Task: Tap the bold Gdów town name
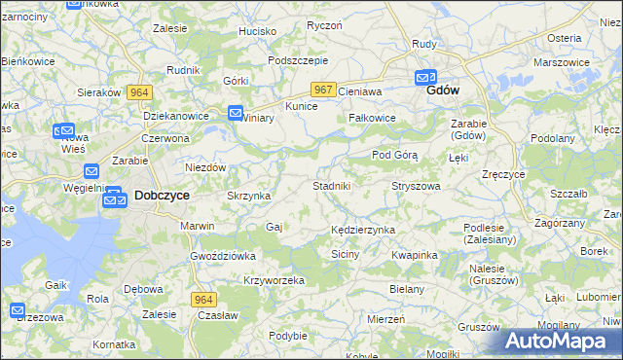click(443, 90)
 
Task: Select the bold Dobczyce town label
click(161, 195)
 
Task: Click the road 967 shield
click(324, 90)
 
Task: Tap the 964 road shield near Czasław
click(202, 300)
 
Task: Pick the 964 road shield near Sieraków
click(139, 91)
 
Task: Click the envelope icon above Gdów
click(425, 77)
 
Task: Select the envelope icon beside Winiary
click(236, 114)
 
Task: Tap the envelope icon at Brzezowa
click(18, 311)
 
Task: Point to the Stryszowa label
click(416, 185)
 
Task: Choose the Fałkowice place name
click(372, 118)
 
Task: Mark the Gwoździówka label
click(222, 255)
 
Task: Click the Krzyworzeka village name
click(274, 279)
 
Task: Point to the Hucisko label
click(258, 31)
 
